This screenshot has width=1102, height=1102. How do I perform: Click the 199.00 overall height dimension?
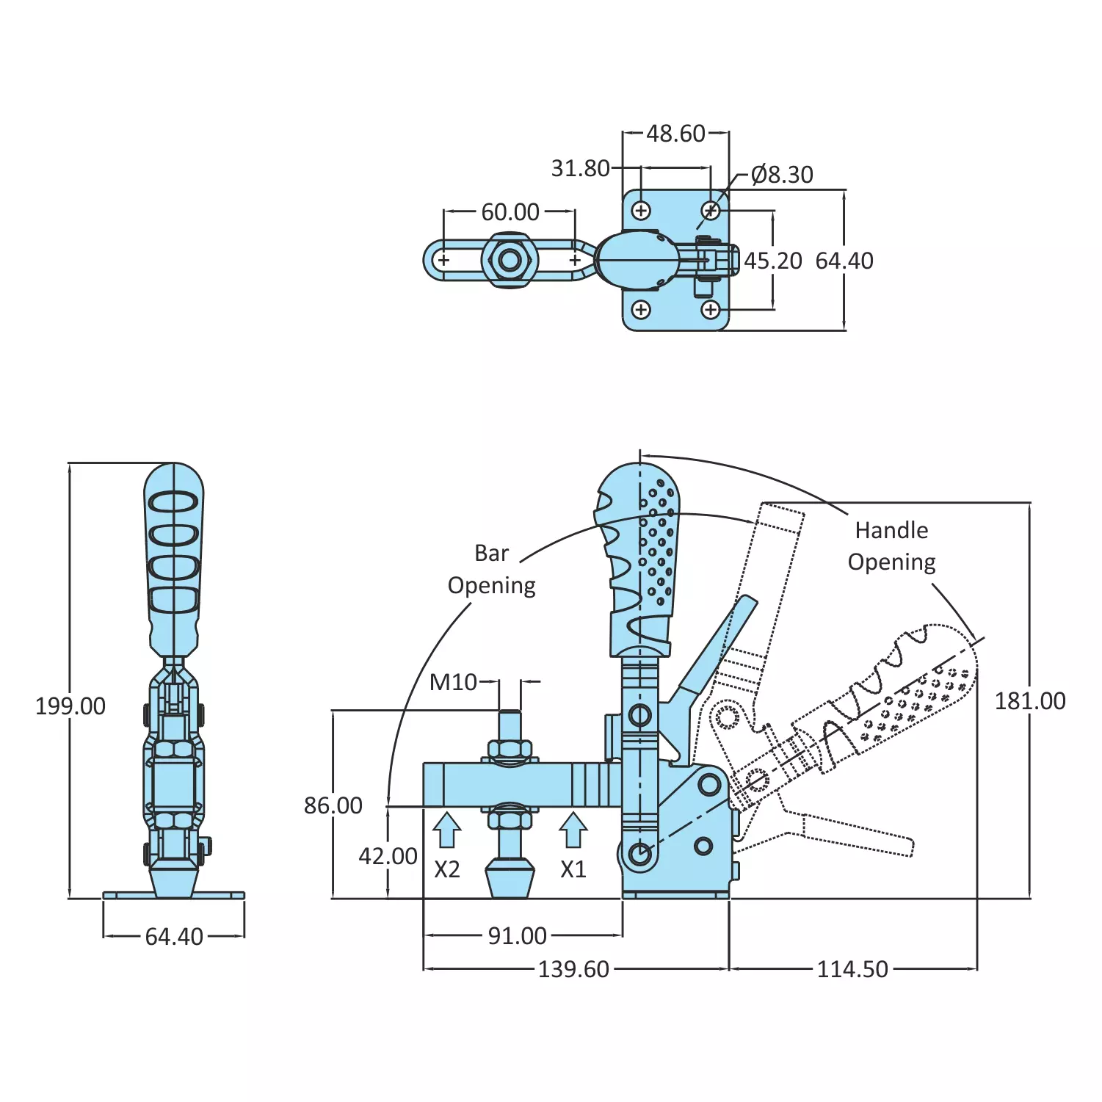[70, 706]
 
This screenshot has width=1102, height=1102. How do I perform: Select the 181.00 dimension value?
[1029, 701]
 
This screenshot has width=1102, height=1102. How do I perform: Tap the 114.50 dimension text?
[852, 969]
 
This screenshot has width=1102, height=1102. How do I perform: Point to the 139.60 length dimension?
[573, 969]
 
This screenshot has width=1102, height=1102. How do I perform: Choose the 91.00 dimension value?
[518, 936]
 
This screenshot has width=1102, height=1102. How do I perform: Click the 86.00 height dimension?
[333, 805]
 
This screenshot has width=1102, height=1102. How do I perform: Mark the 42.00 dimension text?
[388, 856]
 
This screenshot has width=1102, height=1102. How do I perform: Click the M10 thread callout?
[453, 682]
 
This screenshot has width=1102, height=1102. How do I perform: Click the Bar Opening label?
[492, 569]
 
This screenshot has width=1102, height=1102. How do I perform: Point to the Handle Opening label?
[891, 546]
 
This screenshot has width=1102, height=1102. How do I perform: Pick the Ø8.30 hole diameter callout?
[782, 175]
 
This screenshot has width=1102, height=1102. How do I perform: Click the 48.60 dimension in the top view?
[675, 134]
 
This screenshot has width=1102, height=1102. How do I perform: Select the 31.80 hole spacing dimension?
[580, 169]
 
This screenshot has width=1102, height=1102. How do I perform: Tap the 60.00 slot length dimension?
[510, 212]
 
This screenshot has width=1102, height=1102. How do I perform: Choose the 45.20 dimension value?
[773, 261]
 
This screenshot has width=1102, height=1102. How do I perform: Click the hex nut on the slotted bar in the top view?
[510, 260]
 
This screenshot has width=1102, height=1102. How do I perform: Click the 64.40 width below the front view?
[174, 937]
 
